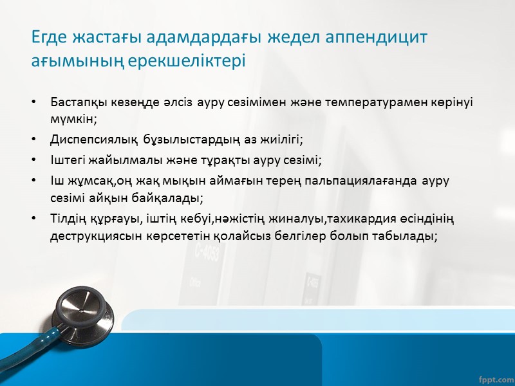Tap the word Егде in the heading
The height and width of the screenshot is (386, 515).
[x=47, y=37]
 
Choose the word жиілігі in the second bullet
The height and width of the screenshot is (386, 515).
[x=281, y=139]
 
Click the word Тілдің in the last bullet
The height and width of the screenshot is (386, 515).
[x=66, y=219]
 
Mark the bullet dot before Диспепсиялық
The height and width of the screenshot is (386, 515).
[x=33, y=139]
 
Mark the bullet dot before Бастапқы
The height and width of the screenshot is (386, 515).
[x=33, y=102]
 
